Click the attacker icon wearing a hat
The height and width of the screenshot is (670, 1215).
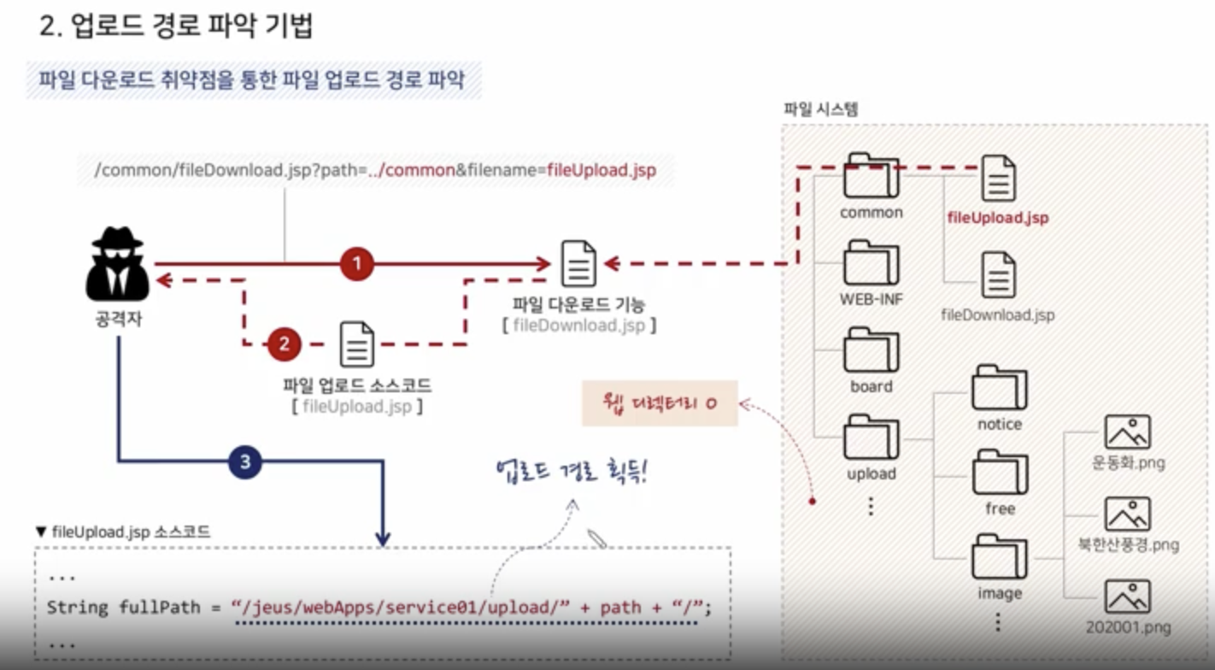pyautogui.click(x=118, y=264)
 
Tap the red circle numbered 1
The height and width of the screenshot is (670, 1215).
pyautogui.click(x=356, y=264)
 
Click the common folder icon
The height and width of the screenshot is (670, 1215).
pyautogui.click(x=871, y=176)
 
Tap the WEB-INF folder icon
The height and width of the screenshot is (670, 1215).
pyautogui.click(x=871, y=263)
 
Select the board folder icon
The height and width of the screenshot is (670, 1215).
pyautogui.click(x=871, y=350)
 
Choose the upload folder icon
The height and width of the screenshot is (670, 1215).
pyautogui.click(x=871, y=438)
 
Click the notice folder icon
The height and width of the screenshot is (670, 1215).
pyautogui.click(x=999, y=388)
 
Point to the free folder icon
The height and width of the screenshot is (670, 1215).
pyautogui.click(x=999, y=473)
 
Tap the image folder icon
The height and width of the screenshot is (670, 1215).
pyautogui.click(x=999, y=557)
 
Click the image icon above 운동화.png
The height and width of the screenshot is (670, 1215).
pyautogui.click(x=1127, y=432)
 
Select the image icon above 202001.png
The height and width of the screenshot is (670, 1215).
pyautogui.click(x=1127, y=597)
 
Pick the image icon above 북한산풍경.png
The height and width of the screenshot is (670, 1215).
pyautogui.click(x=1127, y=514)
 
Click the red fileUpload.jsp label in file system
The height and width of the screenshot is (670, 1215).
pyautogui.click(x=997, y=217)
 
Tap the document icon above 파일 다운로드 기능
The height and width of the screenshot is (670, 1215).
pyautogui.click(x=578, y=264)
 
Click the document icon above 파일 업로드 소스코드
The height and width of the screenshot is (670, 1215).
pyautogui.click(x=356, y=344)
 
